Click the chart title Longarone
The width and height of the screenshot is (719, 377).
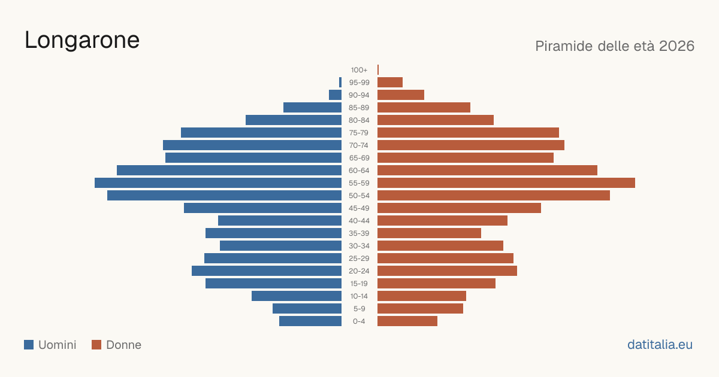(x=82, y=41)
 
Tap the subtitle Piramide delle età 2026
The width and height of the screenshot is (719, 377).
(x=615, y=46)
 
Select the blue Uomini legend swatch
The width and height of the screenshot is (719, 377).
(x=29, y=345)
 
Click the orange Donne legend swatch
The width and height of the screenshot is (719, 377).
(x=96, y=345)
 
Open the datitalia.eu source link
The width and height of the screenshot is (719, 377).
(x=660, y=345)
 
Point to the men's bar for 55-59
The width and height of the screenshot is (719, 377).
(x=218, y=183)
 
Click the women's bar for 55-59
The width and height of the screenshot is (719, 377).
(x=506, y=183)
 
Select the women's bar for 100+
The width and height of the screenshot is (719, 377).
(x=378, y=69)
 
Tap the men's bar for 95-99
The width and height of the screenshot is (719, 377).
(x=340, y=82)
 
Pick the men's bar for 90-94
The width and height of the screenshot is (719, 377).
(x=335, y=95)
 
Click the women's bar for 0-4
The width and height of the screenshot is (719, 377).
(x=407, y=321)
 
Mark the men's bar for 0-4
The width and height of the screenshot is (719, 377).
(x=310, y=321)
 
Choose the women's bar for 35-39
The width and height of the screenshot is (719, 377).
(x=429, y=233)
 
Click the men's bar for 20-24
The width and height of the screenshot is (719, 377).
(x=267, y=271)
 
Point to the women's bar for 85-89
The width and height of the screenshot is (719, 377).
(x=424, y=107)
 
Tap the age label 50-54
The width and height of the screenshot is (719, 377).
(x=359, y=196)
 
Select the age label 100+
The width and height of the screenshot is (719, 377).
(x=359, y=70)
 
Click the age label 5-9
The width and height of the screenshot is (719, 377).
(x=359, y=309)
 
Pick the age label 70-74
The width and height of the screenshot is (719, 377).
(x=359, y=145)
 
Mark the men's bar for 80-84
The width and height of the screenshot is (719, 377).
(x=294, y=120)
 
